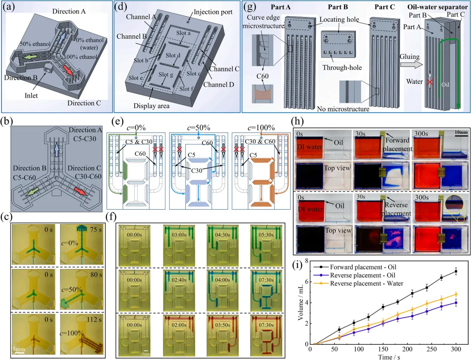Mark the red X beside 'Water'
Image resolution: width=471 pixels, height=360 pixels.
coord(433,82)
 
